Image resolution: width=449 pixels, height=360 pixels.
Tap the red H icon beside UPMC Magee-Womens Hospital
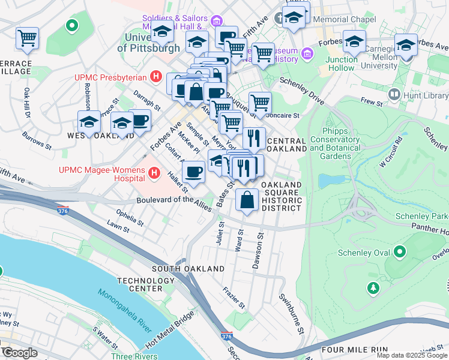pyautogui.click(x=154, y=174)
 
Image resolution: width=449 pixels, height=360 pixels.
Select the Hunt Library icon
pyautogui.click(x=394, y=94)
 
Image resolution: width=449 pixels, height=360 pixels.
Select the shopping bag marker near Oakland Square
pyautogui.click(x=247, y=200)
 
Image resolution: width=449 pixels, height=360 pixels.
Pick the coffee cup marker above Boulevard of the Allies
pyautogui.click(x=193, y=173)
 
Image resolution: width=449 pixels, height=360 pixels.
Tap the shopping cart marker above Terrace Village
pyautogui.click(x=28, y=38)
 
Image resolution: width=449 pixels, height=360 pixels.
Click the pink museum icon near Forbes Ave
pyautogui.click(x=307, y=55)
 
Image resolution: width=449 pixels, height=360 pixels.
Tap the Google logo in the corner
pyautogui.click(x=19, y=353)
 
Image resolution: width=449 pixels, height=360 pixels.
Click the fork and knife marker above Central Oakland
pyautogui.click(x=255, y=138)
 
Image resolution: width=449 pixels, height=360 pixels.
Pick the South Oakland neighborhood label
pyautogui.click(x=179, y=269)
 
